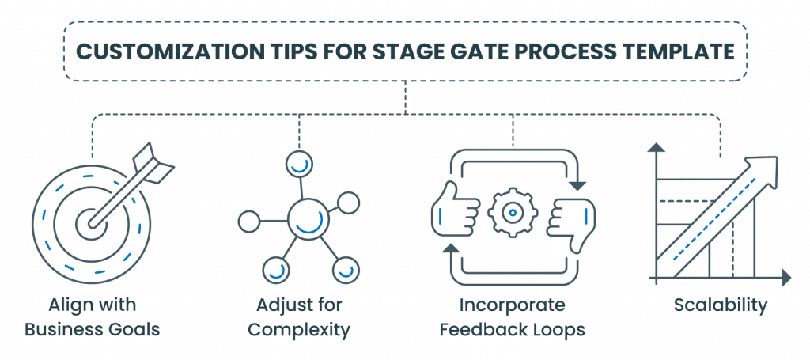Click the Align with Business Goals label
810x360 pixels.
(x=93, y=317)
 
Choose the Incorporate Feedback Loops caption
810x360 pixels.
(x=513, y=317)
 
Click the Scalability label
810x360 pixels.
(x=720, y=305)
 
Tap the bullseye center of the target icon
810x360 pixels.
(x=94, y=224)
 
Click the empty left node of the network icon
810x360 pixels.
(x=249, y=221)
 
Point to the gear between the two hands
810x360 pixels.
(x=513, y=211)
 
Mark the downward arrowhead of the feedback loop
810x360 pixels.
(x=578, y=184)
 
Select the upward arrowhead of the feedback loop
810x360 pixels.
(x=451, y=250)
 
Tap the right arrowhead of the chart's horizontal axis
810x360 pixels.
(x=785, y=278)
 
